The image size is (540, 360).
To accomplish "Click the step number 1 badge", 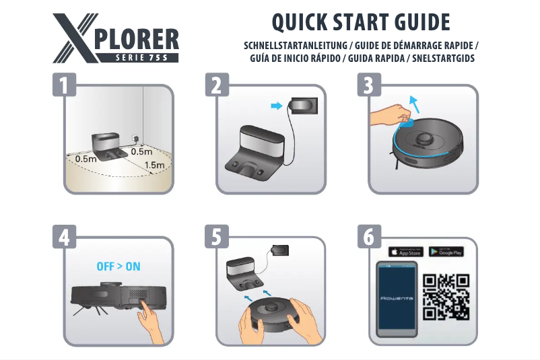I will coord(64,86).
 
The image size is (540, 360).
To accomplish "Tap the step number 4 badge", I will coord(64,238).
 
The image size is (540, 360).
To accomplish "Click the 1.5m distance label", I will coord(154,165).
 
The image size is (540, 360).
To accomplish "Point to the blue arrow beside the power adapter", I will coord(275,106).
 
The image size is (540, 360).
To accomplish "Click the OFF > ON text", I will coord(119,266).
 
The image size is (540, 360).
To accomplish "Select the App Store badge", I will coord(406,252).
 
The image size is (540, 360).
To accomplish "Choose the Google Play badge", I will coord(446,252).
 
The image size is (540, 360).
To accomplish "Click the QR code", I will coord(446,297).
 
